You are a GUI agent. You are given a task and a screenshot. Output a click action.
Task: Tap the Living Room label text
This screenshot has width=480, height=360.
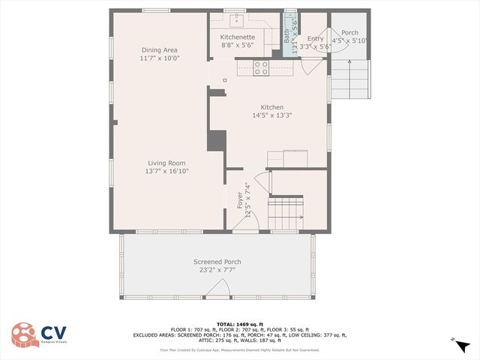166,163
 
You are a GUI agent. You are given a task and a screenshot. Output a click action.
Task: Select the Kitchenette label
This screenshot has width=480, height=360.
238,37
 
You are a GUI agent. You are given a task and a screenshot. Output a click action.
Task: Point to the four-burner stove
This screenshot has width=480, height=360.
261,67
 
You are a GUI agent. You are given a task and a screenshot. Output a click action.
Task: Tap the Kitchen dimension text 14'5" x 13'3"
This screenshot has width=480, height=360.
271,115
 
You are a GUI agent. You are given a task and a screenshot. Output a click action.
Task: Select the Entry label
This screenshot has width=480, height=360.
315,38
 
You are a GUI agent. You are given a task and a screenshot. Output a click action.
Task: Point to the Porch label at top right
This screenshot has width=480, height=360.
349,33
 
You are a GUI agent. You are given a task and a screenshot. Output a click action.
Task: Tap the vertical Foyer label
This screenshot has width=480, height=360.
240,200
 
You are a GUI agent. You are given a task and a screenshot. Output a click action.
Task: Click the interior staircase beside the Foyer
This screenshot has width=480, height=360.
286,213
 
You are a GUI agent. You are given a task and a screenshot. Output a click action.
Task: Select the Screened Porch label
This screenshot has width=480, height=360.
217,262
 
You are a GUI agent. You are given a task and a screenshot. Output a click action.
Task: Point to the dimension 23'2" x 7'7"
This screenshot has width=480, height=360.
217,270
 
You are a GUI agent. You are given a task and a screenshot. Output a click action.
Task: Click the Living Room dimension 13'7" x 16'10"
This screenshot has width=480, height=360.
166,171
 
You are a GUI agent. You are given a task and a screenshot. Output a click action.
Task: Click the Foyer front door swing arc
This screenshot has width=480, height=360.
250,220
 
